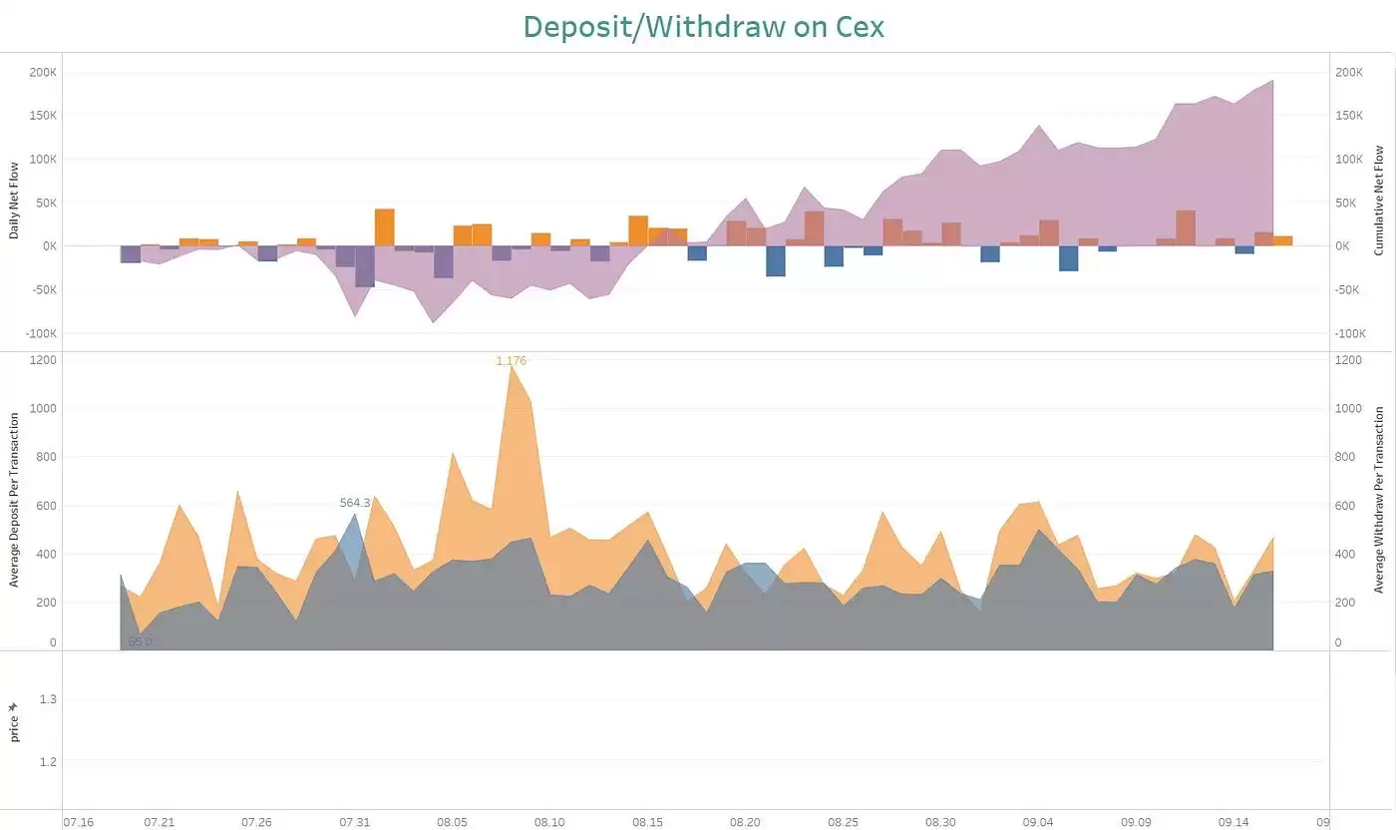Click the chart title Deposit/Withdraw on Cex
[x=703, y=27]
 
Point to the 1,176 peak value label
[x=511, y=361]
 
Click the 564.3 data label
[x=355, y=503]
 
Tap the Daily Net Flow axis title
[x=14, y=200]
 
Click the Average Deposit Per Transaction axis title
[x=14, y=499]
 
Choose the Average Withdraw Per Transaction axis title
[x=1380, y=500]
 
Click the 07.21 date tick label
[x=160, y=822]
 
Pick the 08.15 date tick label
[x=647, y=822]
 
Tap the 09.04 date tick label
[x=1037, y=822]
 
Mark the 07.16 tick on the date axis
[x=78, y=822]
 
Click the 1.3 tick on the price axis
[x=48, y=699]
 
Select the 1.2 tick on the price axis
[x=48, y=761]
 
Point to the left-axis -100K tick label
[x=41, y=333]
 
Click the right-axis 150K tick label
[x=1349, y=116]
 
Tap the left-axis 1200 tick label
[x=43, y=360]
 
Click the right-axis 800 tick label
[x=1346, y=457]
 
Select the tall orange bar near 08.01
[x=385, y=227]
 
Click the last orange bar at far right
[x=1283, y=240]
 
